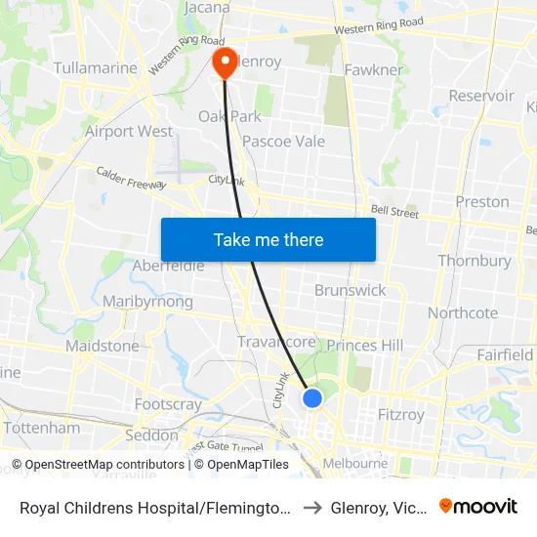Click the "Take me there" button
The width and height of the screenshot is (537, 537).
click(268, 239)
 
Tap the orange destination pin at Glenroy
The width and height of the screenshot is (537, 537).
click(225, 62)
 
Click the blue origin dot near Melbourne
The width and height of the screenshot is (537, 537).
click(312, 397)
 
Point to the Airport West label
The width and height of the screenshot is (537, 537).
click(129, 131)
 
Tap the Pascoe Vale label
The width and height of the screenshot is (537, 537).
click(283, 142)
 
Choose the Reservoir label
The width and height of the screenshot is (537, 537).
click(481, 96)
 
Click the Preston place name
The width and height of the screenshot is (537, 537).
click(482, 202)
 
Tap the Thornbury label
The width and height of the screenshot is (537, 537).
click(475, 261)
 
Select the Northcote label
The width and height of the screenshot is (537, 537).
click(463, 313)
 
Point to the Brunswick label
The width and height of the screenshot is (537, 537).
click(350, 290)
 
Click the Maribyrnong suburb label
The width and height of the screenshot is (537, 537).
click(147, 302)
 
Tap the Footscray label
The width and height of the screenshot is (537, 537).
click(168, 404)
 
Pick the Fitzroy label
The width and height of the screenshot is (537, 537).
click(400, 415)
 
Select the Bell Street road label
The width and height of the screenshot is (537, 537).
click(394, 210)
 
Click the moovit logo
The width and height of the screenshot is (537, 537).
click(478, 507)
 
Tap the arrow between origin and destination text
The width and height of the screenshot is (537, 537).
click(310, 508)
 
